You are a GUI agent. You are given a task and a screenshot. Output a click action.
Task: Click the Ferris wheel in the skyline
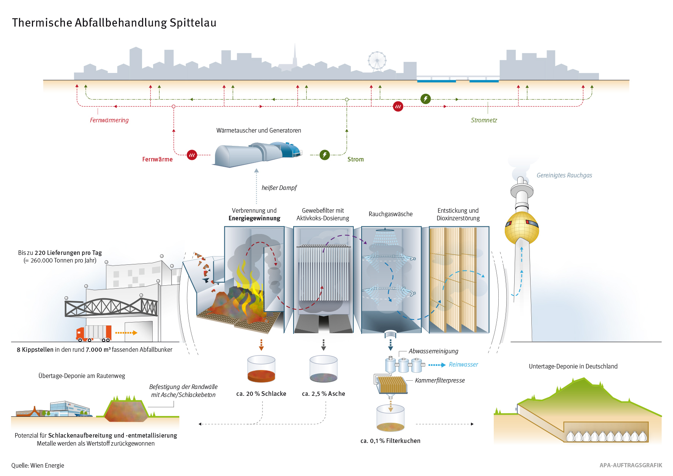click(377, 61)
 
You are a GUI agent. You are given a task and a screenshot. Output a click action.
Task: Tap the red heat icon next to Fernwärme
click(192, 155)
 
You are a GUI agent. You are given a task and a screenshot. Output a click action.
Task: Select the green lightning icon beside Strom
click(324, 155)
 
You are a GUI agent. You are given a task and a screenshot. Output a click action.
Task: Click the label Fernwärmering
click(109, 120)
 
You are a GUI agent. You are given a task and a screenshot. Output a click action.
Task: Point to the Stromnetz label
click(483, 120)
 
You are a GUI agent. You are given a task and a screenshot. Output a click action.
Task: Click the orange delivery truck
click(94, 334)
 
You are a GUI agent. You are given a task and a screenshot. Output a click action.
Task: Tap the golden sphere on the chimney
click(521, 228)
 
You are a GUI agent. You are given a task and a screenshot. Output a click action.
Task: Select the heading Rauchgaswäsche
click(390, 214)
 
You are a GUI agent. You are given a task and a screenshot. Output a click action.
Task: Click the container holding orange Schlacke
click(261, 369)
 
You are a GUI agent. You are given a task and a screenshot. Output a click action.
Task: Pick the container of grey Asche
click(323, 369)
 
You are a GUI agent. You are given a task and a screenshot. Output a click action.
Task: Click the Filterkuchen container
click(390, 419)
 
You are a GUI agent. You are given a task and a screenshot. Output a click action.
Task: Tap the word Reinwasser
click(463, 364)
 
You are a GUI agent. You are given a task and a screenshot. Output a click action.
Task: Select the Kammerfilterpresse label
click(440, 380)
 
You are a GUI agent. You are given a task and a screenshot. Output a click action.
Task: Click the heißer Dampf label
click(279, 188)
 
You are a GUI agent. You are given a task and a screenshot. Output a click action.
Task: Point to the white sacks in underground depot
click(606, 436)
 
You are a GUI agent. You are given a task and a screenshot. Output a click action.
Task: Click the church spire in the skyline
click(295, 55)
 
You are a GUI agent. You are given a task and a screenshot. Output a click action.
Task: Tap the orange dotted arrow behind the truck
click(126, 333)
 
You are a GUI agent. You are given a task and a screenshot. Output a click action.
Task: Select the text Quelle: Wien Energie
click(38, 465)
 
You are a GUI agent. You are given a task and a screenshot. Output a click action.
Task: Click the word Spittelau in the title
click(193, 23)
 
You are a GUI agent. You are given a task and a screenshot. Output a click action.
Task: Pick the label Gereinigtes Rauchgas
click(564, 175)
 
